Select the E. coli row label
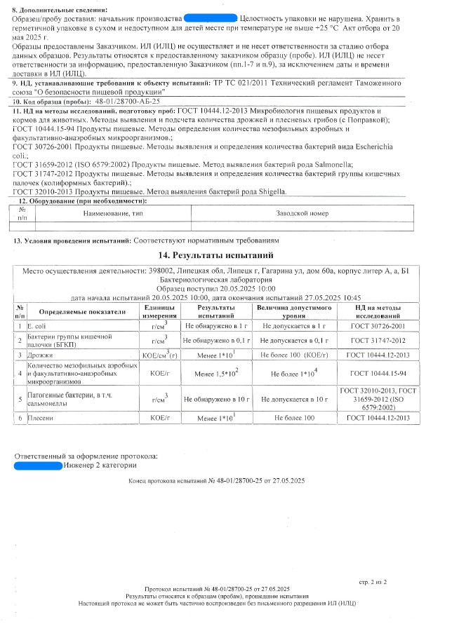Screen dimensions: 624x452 click(36, 326)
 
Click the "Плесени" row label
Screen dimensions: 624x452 click(41, 418)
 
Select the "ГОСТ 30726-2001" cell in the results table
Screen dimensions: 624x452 click(383, 326)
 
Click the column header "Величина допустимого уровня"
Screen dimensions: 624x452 click(294, 311)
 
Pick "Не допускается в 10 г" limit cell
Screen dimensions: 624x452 click(294, 398)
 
